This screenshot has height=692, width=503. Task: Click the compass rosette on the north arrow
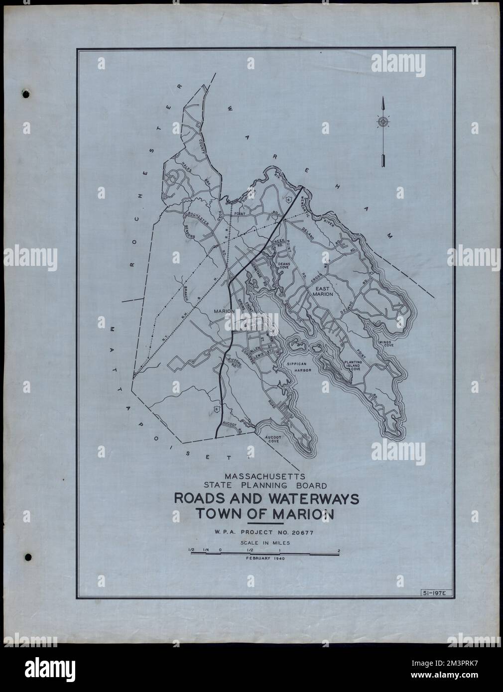tap(382, 121)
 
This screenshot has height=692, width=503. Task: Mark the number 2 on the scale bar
tap(339, 550)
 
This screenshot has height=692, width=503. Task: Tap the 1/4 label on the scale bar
tap(206, 550)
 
